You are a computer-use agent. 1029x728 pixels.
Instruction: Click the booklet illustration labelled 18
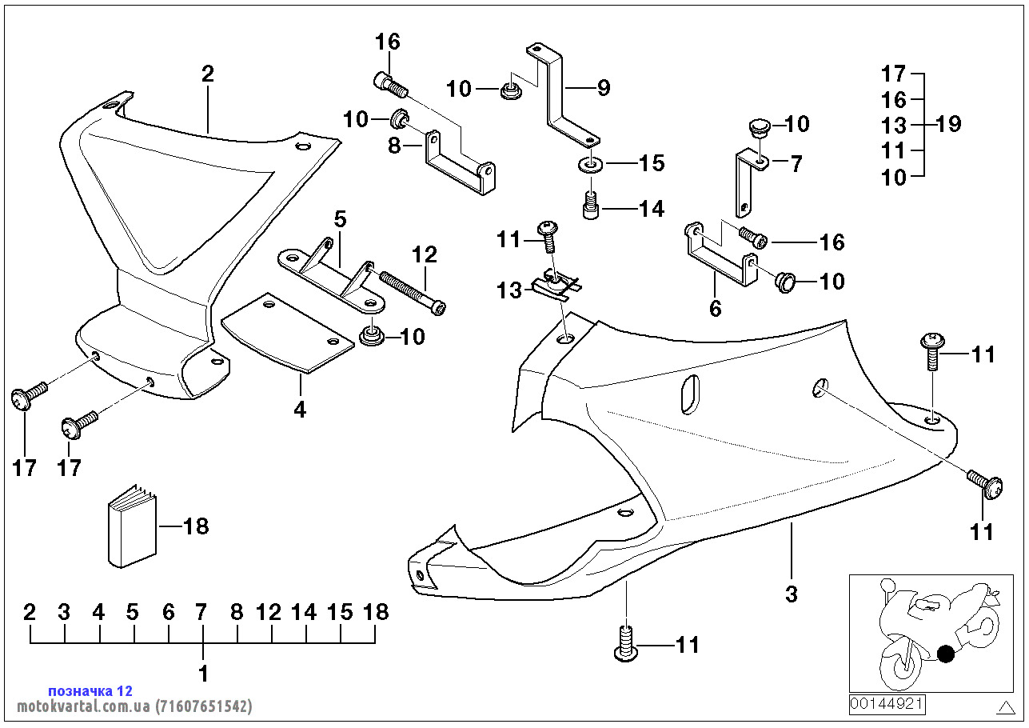point(131,527)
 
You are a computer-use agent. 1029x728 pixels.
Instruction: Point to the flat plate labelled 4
point(286,335)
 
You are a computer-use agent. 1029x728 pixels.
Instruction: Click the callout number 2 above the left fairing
point(208,74)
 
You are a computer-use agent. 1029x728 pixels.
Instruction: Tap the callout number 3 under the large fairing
point(791,594)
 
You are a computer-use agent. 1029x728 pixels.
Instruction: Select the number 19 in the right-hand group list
point(948,125)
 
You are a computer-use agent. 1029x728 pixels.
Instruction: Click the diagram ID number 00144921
point(887,705)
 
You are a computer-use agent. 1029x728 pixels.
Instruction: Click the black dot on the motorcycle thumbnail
point(946,654)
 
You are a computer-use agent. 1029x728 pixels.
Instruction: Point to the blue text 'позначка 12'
point(90,690)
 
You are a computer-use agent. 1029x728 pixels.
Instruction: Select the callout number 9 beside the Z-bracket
point(603,87)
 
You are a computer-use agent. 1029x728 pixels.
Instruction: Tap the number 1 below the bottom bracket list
point(203,674)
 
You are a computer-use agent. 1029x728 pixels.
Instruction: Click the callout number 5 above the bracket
point(340,218)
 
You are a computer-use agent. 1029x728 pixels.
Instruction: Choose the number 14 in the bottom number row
point(304,613)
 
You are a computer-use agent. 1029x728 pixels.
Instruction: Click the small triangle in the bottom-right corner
point(1006,707)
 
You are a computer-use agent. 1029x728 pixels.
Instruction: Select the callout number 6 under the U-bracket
point(715,308)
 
